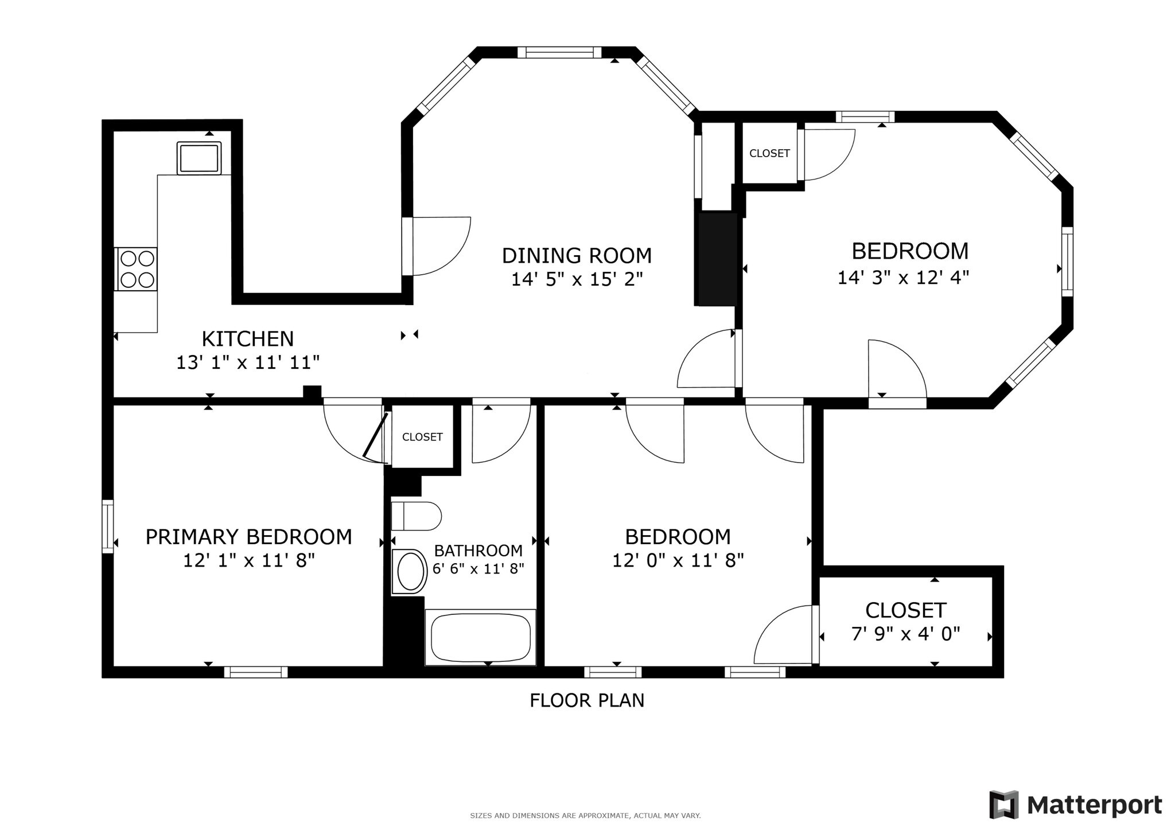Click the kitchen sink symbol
coord(199,158)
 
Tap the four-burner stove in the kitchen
coord(137,269)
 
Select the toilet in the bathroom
coord(416,516)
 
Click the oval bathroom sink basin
coord(410,572)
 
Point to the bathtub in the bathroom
coord(480,637)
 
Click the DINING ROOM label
coord(577,255)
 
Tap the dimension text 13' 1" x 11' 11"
coord(247,362)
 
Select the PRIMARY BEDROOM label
coord(248,537)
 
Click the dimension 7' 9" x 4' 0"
coord(905,634)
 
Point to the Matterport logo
coord(1075,805)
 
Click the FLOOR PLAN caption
coord(586,700)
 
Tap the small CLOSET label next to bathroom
coord(422,437)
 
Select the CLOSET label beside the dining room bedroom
coord(769,153)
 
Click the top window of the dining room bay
coord(559,53)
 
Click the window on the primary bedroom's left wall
coord(107,526)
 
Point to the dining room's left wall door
coord(408,246)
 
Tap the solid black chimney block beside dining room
coord(715,259)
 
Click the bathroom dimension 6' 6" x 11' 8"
coord(478,569)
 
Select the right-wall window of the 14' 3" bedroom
coord(1067,262)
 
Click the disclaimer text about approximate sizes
coord(585,816)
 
